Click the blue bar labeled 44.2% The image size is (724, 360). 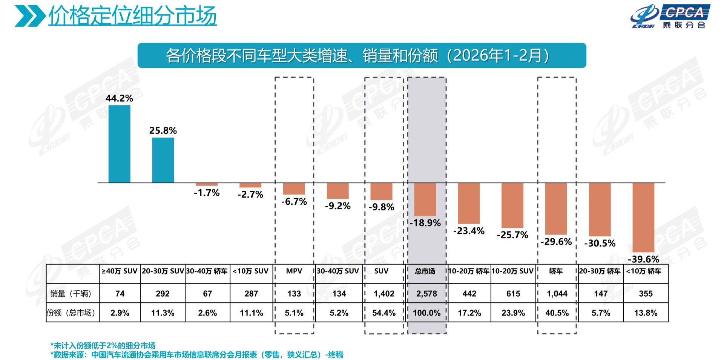(119, 144)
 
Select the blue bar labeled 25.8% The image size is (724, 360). (163, 160)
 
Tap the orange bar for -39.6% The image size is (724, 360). (643, 218)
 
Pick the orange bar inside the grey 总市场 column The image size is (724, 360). (425, 199)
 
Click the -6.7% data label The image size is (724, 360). (294, 202)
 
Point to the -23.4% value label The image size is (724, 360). (469, 231)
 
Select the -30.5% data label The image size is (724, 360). (600, 243)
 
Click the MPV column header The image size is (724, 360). (294, 271)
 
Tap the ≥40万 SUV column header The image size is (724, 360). (120, 271)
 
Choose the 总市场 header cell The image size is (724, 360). (425, 271)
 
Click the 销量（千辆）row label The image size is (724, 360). (71, 293)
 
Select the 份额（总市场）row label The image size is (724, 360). (71, 313)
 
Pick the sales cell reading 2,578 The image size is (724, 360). (426, 294)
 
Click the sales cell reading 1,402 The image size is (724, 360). (384, 294)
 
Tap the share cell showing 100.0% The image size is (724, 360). (426, 313)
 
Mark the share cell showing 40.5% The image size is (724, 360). (557, 313)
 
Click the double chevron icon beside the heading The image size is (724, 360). (30, 16)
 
